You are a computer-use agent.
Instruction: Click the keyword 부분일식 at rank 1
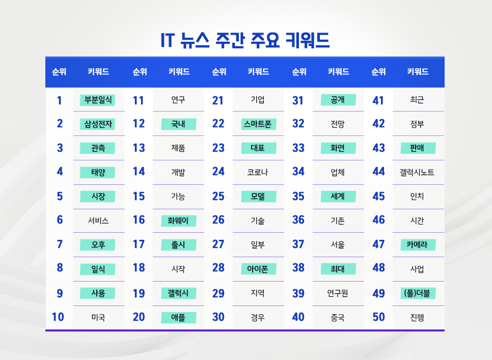pyautogui.click(x=97, y=100)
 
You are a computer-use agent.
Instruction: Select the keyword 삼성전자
pyautogui.click(x=97, y=124)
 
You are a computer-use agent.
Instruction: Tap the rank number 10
pyautogui.click(x=58, y=317)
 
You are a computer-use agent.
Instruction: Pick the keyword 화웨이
pyautogui.click(x=178, y=221)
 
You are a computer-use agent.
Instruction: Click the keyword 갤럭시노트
pyautogui.click(x=417, y=173)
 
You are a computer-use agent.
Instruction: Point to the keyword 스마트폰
pyautogui.click(x=258, y=124)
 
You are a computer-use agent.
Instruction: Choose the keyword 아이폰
pyautogui.click(x=258, y=268)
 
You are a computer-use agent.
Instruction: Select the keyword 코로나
pyautogui.click(x=258, y=173)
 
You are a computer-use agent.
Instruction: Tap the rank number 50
pyautogui.click(x=378, y=317)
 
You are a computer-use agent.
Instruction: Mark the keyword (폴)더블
pyautogui.click(x=418, y=293)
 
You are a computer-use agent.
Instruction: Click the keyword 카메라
pyautogui.click(x=418, y=245)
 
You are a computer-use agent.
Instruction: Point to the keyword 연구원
pyautogui.click(x=338, y=294)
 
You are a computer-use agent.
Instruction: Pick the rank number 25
pyautogui.click(x=218, y=196)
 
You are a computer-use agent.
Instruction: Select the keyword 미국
pyautogui.click(x=98, y=318)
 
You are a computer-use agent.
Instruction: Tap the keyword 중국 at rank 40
pyautogui.click(x=338, y=318)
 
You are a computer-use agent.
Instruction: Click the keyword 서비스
pyautogui.click(x=98, y=221)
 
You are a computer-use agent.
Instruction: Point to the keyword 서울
pyautogui.click(x=338, y=245)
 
